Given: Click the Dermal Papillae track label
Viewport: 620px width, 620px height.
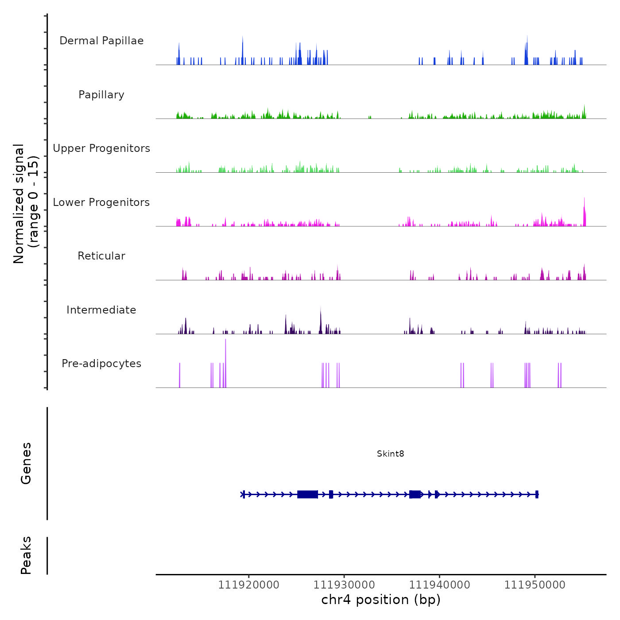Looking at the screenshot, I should tap(101, 41).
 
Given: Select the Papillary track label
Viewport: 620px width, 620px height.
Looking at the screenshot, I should tap(101, 95).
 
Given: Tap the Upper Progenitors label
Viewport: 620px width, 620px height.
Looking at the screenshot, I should tap(101, 148).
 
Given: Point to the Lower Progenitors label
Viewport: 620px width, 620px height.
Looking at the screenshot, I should tap(101, 202).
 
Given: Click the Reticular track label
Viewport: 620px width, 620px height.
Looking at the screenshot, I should tap(101, 256).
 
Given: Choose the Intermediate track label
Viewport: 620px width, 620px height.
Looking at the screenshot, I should tap(101, 310).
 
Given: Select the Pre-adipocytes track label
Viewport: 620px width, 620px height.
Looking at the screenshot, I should tap(101, 364).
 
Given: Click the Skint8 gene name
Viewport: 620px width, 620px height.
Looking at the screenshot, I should tap(390, 453).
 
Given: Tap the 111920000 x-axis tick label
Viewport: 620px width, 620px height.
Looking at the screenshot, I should tap(248, 585).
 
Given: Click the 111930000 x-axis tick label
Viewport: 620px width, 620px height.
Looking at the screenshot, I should tap(344, 585).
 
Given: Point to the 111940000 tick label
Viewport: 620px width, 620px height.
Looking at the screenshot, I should tap(439, 585).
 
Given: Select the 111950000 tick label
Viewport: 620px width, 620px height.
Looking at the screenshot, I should tap(535, 585).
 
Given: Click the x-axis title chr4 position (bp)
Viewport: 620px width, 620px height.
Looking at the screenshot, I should tap(381, 600).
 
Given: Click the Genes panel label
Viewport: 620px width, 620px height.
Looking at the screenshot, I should tap(26, 463).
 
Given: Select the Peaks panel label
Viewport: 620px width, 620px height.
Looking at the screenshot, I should tap(26, 555).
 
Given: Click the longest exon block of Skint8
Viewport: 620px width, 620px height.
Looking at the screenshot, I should tap(307, 494).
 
